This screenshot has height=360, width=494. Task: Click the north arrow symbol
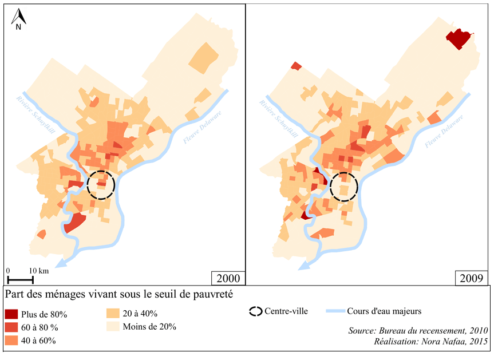pyautogui.click(x=18, y=19)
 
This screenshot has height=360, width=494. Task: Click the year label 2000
pyautogui.click(x=228, y=279)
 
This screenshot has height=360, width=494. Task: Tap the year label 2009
pyautogui.click(x=472, y=279)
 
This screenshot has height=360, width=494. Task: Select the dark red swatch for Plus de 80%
pyautogui.click(x=12, y=314)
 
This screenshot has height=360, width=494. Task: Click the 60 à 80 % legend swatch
pyautogui.click(x=12, y=327)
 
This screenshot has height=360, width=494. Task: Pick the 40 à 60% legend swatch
pyautogui.click(x=12, y=341)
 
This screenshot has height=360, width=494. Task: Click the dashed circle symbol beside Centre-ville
pyautogui.click(x=255, y=312)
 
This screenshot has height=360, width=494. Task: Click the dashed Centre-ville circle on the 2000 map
pyautogui.click(x=101, y=184)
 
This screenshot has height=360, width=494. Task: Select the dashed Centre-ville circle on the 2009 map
pyautogui.click(x=344, y=187)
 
